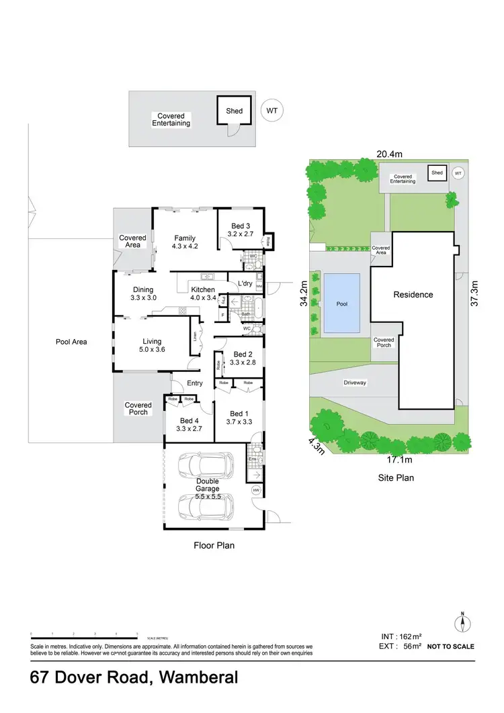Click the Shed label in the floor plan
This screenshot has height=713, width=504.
(x=235, y=111)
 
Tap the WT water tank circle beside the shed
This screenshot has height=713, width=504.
(x=271, y=111)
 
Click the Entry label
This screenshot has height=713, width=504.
(x=195, y=383)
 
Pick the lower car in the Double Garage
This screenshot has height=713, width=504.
(x=206, y=508)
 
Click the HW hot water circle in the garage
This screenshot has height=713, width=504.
(x=256, y=491)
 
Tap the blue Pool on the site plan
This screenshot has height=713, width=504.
(x=342, y=303)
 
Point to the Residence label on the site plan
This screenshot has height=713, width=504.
(x=413, y=295)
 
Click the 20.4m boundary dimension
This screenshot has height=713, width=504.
(x=389, y=154)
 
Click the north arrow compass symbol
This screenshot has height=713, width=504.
(x=462, y=623)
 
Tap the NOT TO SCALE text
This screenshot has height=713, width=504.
(x=450, y=647)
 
